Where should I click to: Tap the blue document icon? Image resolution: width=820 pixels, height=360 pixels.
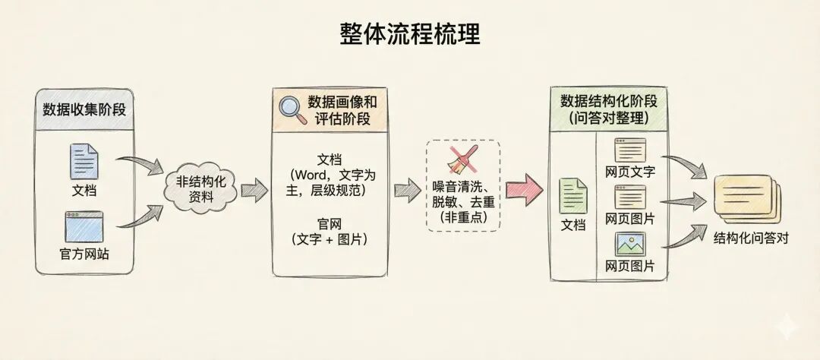pyautogui.click(x=84, y=161)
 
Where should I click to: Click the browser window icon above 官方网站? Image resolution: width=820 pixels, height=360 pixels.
pyautogui.click(x=84, y=226)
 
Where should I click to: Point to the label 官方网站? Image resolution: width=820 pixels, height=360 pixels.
pyautogui.click(x=84, y=254)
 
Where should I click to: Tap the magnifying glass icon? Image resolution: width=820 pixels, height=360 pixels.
pyautogui.click(x=292, y=109)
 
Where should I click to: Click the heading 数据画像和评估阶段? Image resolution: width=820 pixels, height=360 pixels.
pyautogui.click(x=342, y=109)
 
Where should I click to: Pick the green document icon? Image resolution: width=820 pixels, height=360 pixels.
pyautogui.click(x=573, y=196)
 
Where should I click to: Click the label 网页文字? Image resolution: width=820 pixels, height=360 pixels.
pyautogui.click(x=630, y=172)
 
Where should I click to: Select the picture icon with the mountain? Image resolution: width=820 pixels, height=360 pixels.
pyautogui.click(x=630, y=244)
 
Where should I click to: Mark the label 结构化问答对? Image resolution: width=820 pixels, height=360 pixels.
pyautogui.click(x=751, y=237)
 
